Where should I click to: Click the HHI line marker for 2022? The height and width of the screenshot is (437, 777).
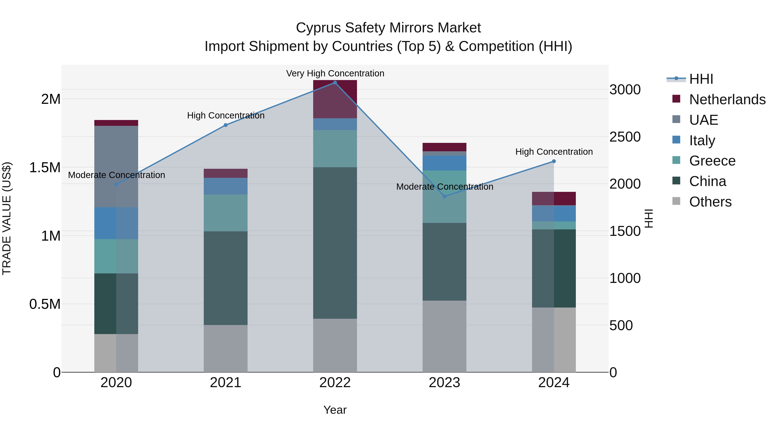pos(335,83)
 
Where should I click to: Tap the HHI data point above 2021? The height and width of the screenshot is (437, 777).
pos(226,125)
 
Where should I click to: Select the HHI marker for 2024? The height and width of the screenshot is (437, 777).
pos(554,161)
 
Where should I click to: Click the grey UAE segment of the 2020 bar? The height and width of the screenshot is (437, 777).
pos(116,166)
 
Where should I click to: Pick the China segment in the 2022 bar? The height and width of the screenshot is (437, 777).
pos(335,243)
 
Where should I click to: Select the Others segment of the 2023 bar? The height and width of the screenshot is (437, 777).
pos(444,336)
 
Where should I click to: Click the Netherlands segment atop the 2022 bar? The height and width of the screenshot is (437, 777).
pos(335,99)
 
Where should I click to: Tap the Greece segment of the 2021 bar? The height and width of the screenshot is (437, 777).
pos(226,213)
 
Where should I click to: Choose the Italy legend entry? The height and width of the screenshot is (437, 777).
pos(702,140)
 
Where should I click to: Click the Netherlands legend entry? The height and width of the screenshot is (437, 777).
pos(727,99)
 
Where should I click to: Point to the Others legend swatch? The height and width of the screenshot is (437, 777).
pos(676,201)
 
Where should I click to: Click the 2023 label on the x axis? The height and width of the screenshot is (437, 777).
pos(444,383)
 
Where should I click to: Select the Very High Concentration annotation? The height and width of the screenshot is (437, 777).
pos(335,73)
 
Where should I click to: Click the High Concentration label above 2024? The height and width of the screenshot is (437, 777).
pos(554,152)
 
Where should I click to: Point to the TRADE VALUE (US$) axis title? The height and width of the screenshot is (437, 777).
pos(7,218)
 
